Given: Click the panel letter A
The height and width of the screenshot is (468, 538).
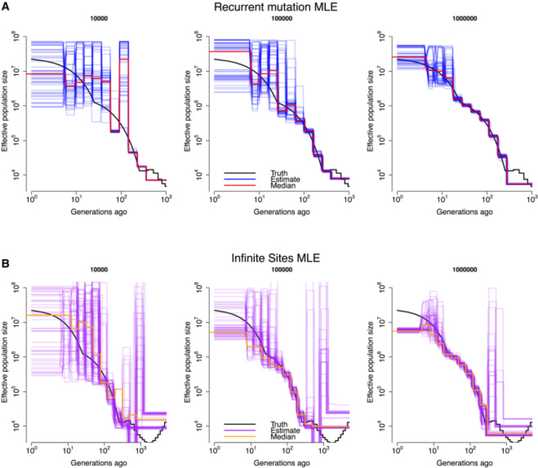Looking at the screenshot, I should (x=5, y=6).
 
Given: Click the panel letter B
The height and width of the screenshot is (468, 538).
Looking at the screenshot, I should (x=5, y=264).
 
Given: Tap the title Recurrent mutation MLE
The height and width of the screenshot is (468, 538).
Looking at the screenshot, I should (x=275, y=7).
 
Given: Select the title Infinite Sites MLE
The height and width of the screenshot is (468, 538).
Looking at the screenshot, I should (x=275, y=258).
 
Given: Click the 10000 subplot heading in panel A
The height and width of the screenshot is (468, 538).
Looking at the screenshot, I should (x=99, y=19).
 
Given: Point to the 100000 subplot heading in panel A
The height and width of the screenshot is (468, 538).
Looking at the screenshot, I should (x=282, y=19).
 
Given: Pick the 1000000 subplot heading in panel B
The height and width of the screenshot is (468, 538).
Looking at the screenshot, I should (x=465, y=269).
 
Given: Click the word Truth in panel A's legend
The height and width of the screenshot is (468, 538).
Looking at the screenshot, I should (x=279, y=173).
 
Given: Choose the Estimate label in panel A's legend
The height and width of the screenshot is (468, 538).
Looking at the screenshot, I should (x=285, y=179).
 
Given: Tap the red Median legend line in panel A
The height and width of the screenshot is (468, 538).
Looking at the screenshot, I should (x=240, y=185).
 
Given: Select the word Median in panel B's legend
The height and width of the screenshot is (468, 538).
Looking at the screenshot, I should (x=283, y=437).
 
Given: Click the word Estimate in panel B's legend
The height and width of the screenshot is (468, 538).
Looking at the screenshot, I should (x=285, y=430).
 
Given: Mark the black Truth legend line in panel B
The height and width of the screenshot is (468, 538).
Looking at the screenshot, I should (x=240, y=424).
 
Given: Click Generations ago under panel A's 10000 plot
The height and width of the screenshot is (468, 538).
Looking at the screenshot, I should (x=99, y=212).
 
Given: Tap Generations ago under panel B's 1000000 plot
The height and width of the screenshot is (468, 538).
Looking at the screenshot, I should (x=465, y=463).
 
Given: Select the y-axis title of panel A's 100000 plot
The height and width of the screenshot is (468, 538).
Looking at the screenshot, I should (x=187, y=111).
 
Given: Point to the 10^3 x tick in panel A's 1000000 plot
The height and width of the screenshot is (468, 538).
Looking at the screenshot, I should (x=532, y=199).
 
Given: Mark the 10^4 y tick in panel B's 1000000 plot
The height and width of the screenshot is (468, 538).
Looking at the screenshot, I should (x=381, y=426).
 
